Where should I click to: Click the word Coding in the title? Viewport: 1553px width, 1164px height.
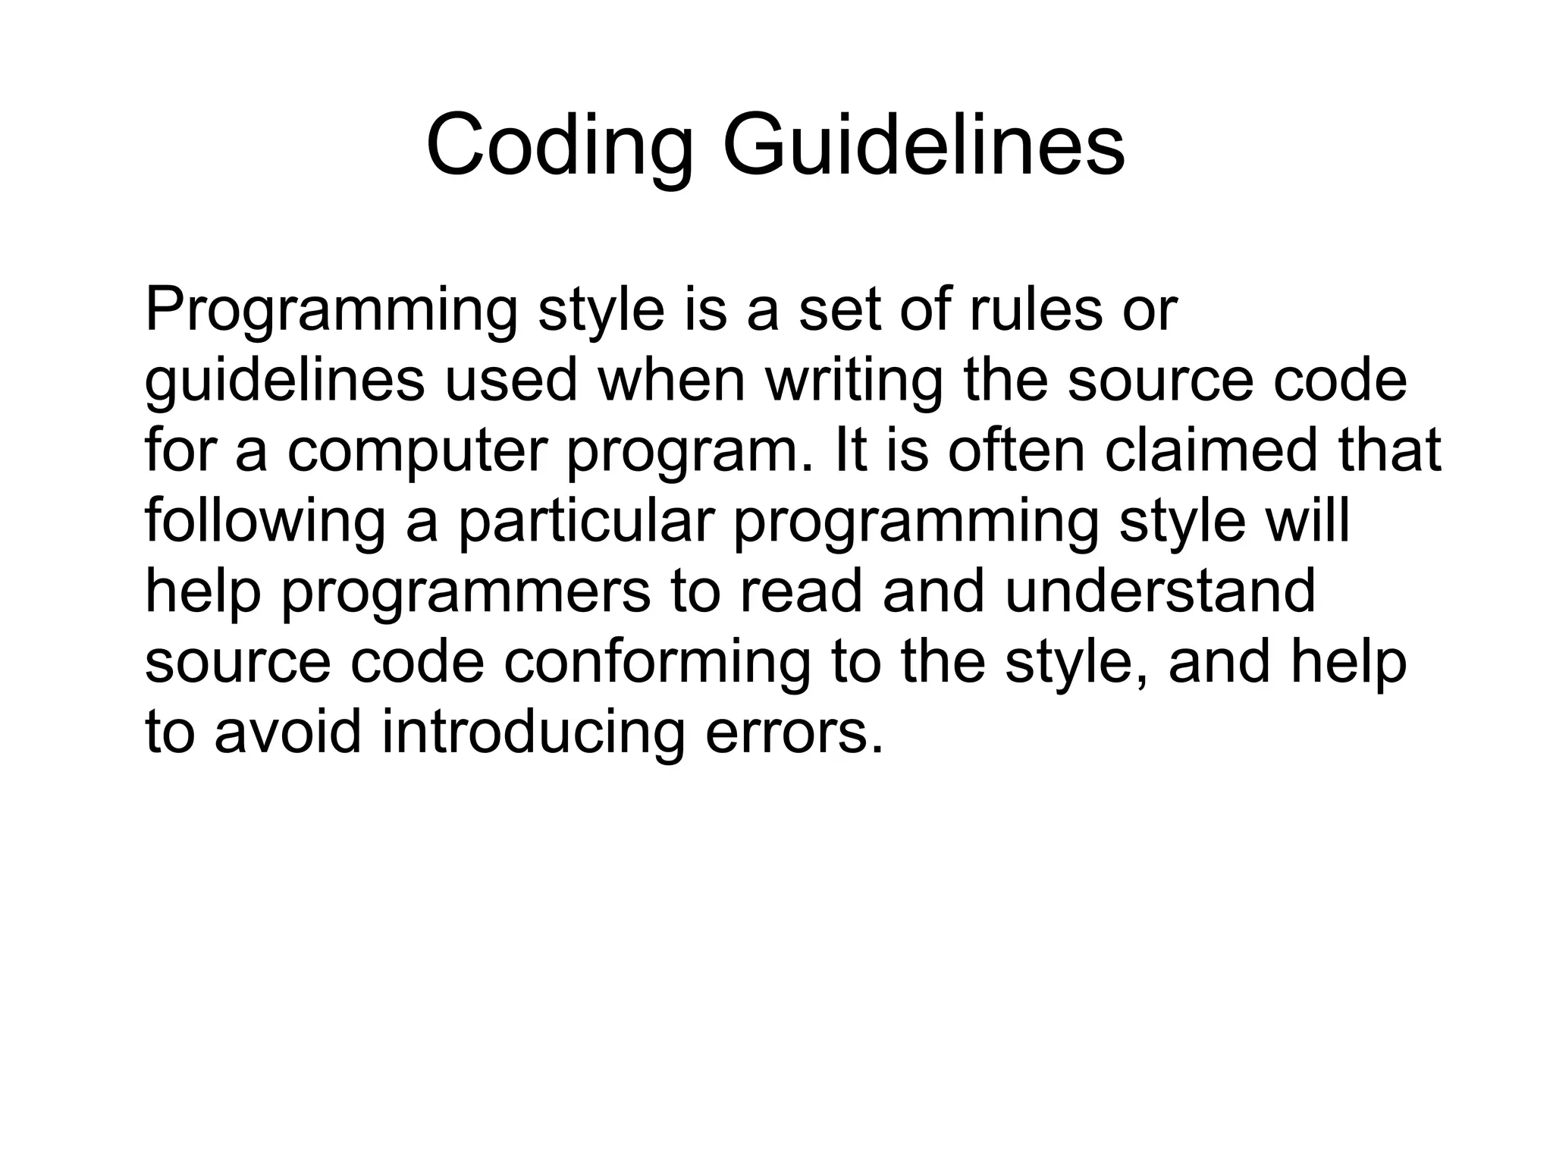[560, 144]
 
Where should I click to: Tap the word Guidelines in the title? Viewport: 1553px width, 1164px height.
[923, 144]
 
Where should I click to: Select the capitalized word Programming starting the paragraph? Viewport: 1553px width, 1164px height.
[331, 311]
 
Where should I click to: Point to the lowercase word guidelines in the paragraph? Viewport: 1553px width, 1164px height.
[284, 381]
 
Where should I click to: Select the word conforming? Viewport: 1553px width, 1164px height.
[657, 663]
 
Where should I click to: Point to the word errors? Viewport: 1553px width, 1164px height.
[794, 733]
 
